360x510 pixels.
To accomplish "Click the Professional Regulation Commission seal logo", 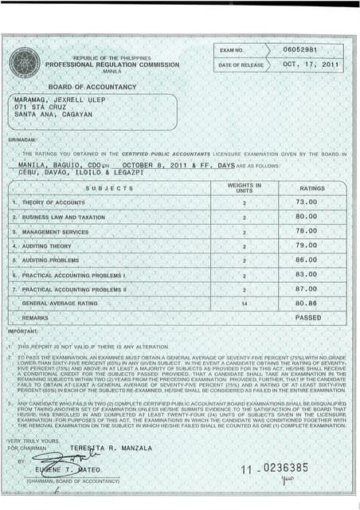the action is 24,63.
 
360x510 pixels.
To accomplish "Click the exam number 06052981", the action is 299,49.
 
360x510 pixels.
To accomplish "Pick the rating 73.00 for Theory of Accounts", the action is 307,202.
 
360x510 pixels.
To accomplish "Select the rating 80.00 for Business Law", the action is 307,217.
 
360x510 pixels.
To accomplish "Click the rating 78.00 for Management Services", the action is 307,231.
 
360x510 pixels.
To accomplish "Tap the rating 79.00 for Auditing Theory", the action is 307,245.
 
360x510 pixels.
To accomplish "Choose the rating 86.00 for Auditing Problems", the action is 307,260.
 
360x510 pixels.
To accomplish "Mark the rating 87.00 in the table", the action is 307,288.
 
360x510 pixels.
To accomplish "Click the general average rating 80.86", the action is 307,304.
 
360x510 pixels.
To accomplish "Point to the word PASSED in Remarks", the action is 308,317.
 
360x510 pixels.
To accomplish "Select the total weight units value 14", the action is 245,304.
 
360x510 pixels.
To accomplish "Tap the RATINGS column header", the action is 311,188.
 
